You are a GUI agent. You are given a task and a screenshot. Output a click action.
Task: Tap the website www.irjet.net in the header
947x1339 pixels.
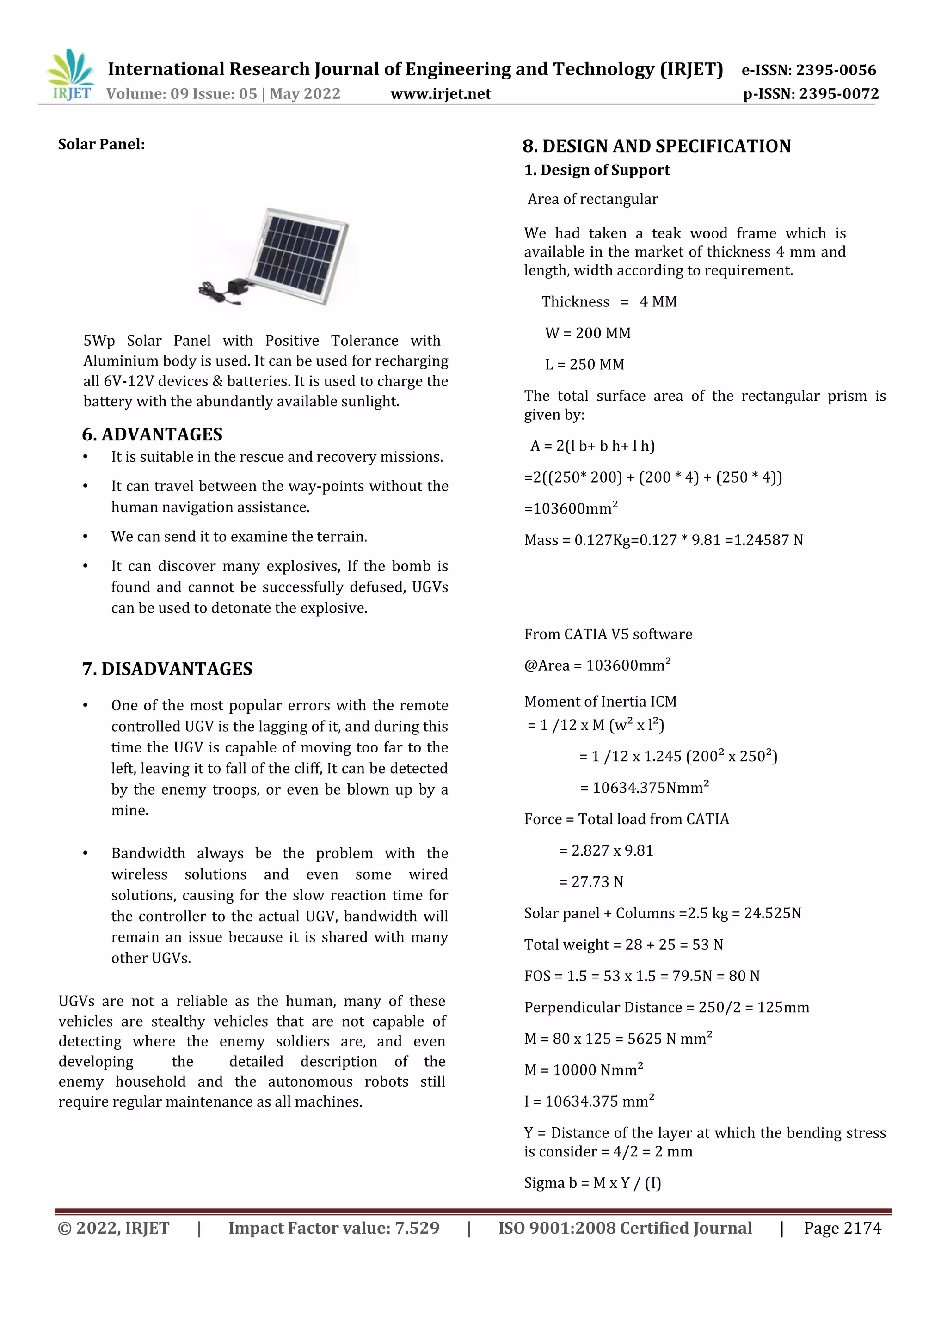(x=441, y=94)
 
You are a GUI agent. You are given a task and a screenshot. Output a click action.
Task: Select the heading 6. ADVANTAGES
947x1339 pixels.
(x=152, y=434)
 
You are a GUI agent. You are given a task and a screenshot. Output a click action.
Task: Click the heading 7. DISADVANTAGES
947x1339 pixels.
(x=167, y=669)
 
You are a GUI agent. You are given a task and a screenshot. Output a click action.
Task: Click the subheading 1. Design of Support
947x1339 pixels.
(x=597, y=170)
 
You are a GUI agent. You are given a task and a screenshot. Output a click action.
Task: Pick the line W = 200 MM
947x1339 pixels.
(x=588, y=333)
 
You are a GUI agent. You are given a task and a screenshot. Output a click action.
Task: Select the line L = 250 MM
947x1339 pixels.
(x=584, y=365)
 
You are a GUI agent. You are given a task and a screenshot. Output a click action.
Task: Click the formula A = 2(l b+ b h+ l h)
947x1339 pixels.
(x=592, y=446)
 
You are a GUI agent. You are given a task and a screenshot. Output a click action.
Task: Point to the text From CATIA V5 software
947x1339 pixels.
(x=608, y=634)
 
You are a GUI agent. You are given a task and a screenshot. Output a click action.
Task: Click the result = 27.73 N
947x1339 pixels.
(x=591, y=882)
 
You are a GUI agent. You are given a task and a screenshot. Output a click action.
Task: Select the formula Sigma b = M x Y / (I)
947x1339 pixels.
(x=592, y=1183)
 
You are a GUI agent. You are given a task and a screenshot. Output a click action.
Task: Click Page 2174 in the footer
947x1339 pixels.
(x=842, y=1228)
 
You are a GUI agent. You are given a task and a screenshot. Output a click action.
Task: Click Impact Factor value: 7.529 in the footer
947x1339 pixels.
(x=334, y=1228)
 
